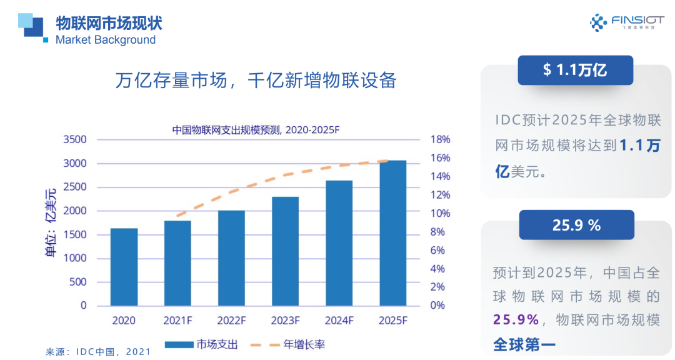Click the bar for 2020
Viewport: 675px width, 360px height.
(x=124, y=267)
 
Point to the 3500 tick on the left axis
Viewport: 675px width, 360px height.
(x=74, y=139)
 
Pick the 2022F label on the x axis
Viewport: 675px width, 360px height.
(x=231, y=321)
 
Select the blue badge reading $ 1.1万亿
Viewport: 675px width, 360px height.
(x=575, y=70)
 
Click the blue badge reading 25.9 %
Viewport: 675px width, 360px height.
(x=576, y=225)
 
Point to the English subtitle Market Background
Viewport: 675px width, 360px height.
(x=106, y=40)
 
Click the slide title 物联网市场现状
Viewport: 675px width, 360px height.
(x=109, y=23)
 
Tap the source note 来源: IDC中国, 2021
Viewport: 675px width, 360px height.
(x=98, y=352)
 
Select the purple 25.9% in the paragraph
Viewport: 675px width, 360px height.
(x=516, y=320)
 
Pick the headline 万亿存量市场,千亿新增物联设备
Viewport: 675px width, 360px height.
(x=256, y=81)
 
